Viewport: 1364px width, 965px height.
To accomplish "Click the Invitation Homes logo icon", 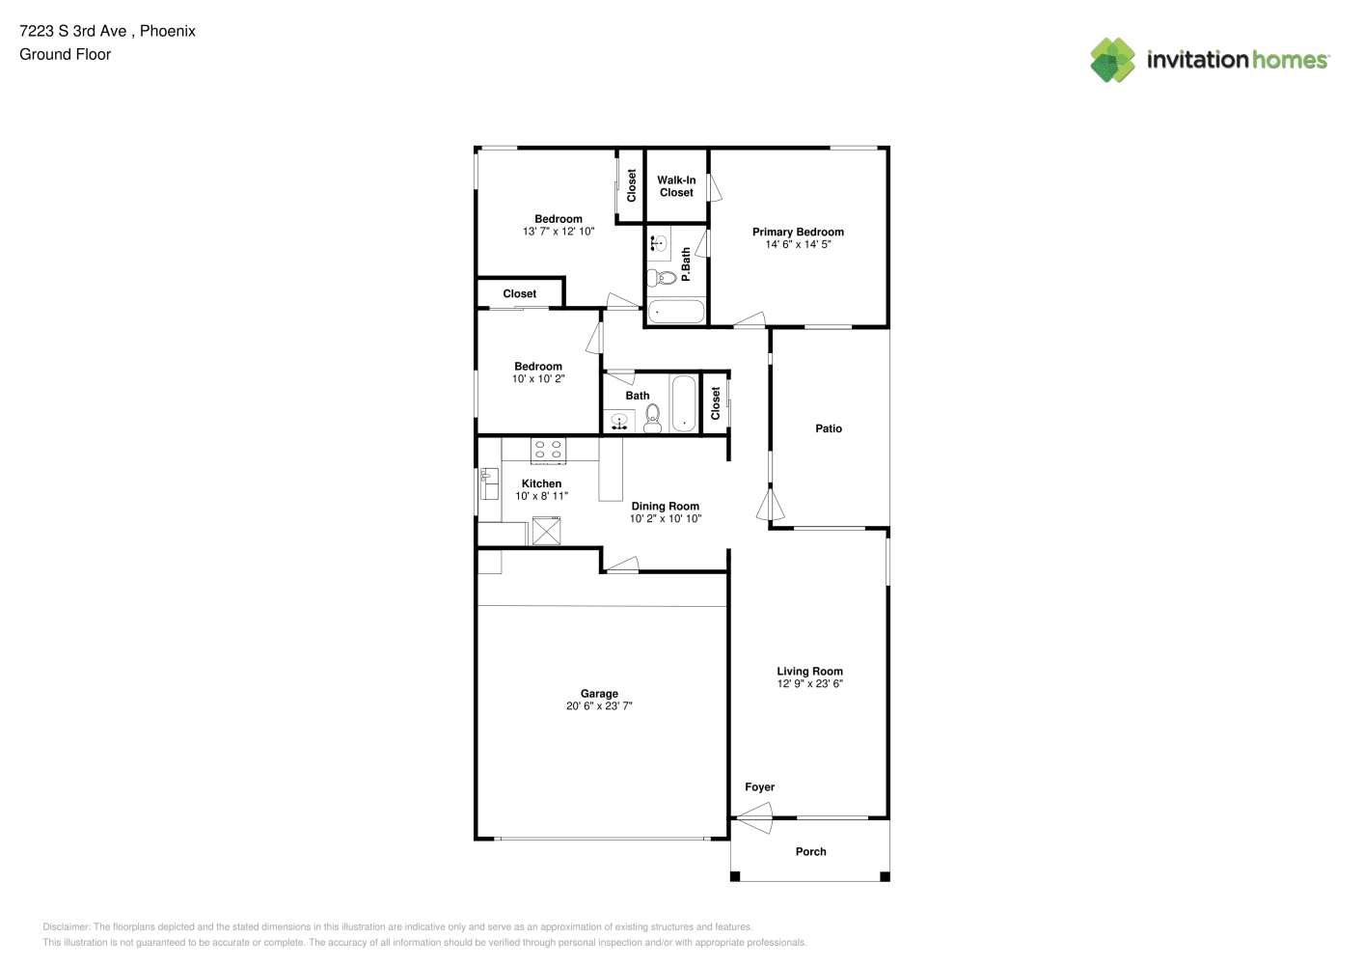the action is pyautogui.click(x=1112, y=60).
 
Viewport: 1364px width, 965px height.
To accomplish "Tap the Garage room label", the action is pyautogui.click(x=599, y=693).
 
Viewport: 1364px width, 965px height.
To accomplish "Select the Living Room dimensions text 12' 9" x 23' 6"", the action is pyautogui.click(x=810, y=683).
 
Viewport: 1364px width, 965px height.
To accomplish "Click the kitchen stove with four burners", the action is pyautogui.click(x=548, y=451).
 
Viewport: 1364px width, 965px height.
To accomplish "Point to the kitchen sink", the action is pyautogui.click(x=489, y=483).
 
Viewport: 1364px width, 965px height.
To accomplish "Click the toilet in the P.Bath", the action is pyautogui.click(x=662, y=278).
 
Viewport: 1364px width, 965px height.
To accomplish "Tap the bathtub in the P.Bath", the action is pyautogui.click(x=676, y=312).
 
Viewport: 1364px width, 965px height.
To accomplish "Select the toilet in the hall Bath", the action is pyautogui.click(x=653, y=418).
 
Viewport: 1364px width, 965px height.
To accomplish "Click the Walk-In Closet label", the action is pyautogui.click(x=676, y=186).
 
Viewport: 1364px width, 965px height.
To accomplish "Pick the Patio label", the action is pyautogui.click(x=829, y=428).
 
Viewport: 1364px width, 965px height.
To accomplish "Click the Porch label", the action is pyautogui.click(x=811, y=852).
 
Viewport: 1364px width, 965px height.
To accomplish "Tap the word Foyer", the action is pyautogui.click(x=760, y=787).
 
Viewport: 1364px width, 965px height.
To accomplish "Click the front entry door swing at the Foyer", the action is pyautogui.click(x=753, y=817).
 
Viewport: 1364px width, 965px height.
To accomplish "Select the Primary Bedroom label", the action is pyautogui.click(x=799, y=233).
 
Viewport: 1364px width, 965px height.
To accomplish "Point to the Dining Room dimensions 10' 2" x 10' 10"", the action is pyautogui.click(x=666, y=518).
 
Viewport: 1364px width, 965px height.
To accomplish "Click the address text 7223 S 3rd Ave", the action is pyautogui.click(x=73, y=31).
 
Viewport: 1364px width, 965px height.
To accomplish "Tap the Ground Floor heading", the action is pyautogui.click(x=66, y=54).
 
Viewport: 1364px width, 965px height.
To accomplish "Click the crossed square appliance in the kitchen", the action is pyautogui.click(x=546, y=531).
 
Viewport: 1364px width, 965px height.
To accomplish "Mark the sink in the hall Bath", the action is pyautogui.click(x=619, y=421).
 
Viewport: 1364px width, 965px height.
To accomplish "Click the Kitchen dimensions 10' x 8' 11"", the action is pyautogui.click(x=542, y=496).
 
